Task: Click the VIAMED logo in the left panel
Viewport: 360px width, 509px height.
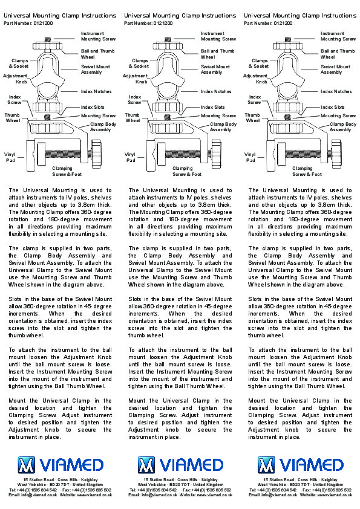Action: coord(61,465)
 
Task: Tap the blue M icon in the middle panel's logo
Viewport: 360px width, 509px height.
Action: coord(146,465)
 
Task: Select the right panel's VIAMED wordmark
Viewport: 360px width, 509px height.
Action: coord(311,465)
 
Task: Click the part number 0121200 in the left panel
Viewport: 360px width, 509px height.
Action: coord(43,23)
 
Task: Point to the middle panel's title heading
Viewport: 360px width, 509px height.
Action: coord(180,15)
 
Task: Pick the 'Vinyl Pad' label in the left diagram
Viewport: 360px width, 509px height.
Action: coord(10,157)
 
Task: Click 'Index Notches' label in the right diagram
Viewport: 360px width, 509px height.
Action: coord(336,91)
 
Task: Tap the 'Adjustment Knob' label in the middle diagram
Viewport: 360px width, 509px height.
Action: coord(135,79)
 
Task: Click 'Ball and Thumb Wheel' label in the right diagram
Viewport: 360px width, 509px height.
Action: coord(338,54)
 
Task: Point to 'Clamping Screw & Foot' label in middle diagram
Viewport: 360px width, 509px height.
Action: coord(187,172)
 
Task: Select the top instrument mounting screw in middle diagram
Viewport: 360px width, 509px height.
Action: coord(168,40)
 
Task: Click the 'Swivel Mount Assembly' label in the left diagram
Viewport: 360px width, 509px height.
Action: coord(96,70)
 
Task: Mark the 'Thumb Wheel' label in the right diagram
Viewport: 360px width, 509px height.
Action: coord(252,117)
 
